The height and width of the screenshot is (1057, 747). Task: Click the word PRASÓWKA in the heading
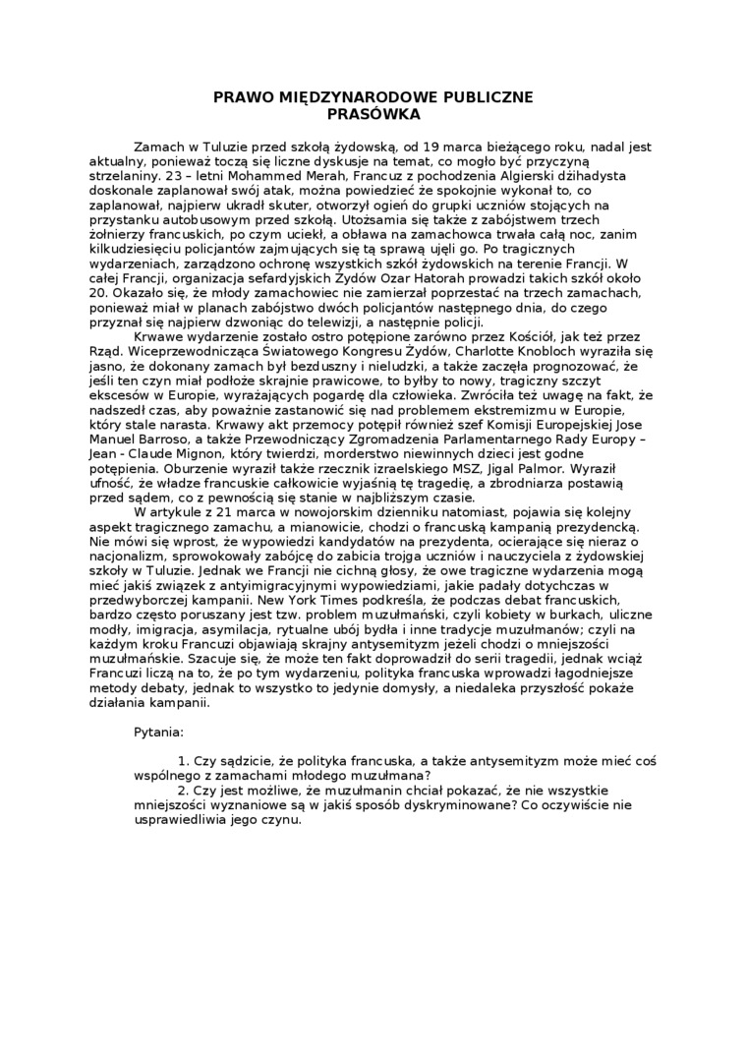click(373, 114)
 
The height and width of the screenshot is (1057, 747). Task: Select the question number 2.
click(183, 790)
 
